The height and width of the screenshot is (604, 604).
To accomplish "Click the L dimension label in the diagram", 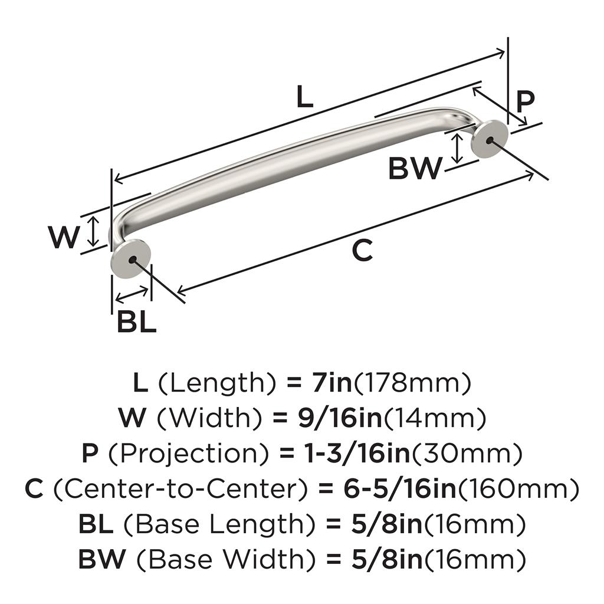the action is (x=305, y=97).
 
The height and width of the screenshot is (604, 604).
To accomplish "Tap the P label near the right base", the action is (x=526, y=101).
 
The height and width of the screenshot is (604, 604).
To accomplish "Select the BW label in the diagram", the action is (x=415, y=168).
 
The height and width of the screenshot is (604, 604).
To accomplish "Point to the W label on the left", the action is (x=64, y=237).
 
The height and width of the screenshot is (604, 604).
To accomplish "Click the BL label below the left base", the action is (x=137, y=322).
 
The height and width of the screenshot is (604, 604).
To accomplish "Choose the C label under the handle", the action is (x=363, y=250).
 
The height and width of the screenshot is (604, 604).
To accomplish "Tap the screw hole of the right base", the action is (x=490, y=140).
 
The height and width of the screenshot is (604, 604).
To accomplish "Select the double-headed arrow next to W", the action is (x=93, y=231).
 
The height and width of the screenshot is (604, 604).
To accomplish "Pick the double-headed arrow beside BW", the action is (x=457, y=148).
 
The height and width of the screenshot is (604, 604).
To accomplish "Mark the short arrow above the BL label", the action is (x=132, y=295).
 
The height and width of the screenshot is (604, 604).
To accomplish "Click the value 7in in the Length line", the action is (x=333, y=383).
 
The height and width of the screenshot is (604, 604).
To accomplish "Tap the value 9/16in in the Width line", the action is (x=340, y=418).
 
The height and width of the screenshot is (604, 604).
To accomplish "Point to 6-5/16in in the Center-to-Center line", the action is (x=400, y=489).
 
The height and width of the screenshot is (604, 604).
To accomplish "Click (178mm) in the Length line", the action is (x=412, y=383).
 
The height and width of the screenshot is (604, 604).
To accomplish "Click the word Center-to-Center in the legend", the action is (x=180, y=489).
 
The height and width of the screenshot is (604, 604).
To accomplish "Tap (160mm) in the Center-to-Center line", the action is (x=518, y=489).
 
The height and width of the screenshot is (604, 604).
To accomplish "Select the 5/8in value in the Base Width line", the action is (x=387, y=559).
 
